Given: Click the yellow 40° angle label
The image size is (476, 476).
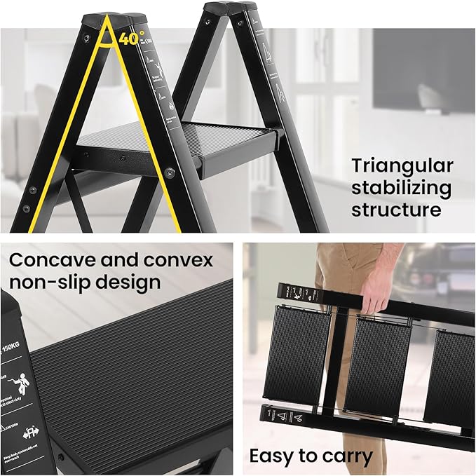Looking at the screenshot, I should coord(131,39).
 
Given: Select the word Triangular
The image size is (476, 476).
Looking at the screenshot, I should coord(402,166).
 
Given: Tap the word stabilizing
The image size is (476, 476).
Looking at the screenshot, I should coord(401,188).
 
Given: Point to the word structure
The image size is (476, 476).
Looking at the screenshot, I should coord(396,210).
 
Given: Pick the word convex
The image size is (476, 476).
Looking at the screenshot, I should coord(178,260).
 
